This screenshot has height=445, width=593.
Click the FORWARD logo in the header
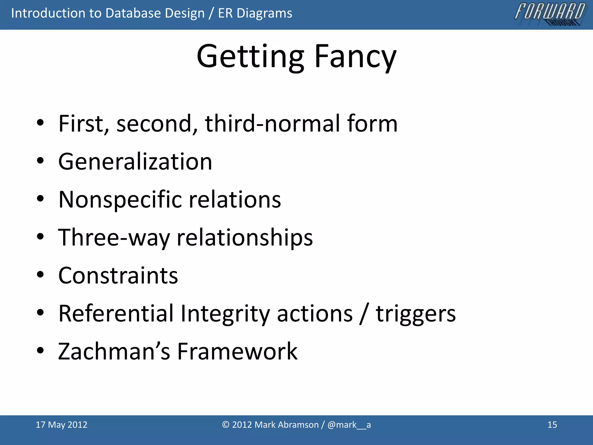(550, 14)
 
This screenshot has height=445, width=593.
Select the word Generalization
(135, 162)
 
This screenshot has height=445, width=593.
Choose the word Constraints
(118, 276)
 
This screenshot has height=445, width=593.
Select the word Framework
(237, 351)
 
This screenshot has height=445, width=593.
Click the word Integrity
(225, 314)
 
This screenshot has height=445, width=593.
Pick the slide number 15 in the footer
(552, 425)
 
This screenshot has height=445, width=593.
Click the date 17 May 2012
(61, 425)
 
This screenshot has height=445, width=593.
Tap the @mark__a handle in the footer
(349, 425)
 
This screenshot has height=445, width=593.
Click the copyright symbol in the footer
(226, 425)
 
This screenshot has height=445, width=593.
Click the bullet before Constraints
(40, 274)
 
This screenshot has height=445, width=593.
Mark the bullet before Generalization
(40, 161)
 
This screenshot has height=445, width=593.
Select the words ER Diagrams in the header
(255, 13)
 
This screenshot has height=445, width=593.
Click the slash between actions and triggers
(364, 313)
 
